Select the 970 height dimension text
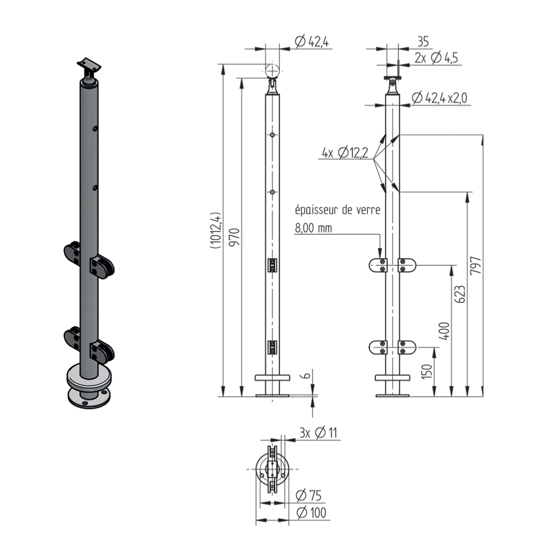(234, 237)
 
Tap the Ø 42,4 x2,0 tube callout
(439, 98)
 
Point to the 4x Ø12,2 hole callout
(345, 152)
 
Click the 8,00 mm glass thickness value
(313, 228)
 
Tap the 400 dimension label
(444, 330)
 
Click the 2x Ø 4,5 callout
(436, 58)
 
